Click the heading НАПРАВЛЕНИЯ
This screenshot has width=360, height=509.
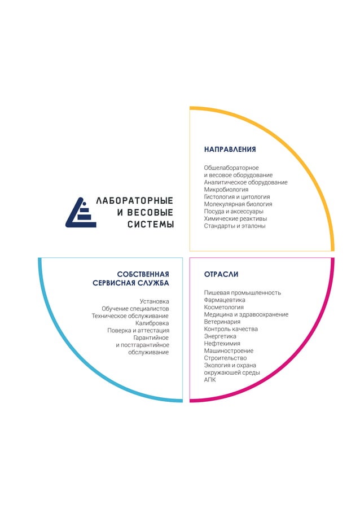tap(230, 150)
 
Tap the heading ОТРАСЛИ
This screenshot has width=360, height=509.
tap(221, 274)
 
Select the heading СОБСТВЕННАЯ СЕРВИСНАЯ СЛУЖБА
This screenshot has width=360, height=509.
tap(131, 278)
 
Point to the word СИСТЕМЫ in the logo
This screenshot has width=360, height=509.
tap(150, 225)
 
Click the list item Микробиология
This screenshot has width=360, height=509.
tap(226, 190)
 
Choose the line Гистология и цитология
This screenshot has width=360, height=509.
tap(236, 197)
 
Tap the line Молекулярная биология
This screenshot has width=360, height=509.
tap(238, 204)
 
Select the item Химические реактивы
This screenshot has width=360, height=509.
tap(235, 218)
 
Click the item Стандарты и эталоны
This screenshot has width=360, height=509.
tap(234, 226)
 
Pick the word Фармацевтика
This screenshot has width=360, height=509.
tap(225, 300)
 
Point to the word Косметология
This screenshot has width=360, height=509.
tap(223, 308)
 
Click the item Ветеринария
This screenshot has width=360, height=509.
tap(222, 322)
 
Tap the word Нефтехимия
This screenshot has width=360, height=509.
tap(222, 343)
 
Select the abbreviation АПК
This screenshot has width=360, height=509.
tap(210, 380)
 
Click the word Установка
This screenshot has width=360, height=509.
tap(154, 301)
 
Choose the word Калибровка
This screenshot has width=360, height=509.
tap(152, 323)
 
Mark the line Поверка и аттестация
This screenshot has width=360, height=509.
tap(138, 331)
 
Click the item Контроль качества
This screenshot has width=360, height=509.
tap(231, 329)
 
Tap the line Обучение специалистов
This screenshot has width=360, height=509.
tap(135, 309)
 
